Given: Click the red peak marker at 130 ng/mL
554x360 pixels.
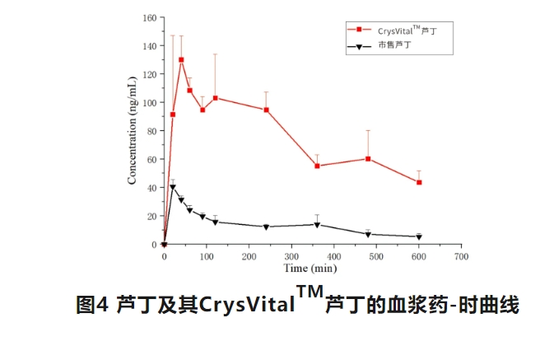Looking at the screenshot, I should pos(181,59).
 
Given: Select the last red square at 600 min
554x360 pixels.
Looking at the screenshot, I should pos(419,182).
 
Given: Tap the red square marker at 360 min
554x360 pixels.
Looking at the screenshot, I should pos(317,166).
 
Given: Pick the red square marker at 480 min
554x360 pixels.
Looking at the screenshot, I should pos(368,158).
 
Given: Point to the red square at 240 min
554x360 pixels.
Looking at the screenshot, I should pos(266,110).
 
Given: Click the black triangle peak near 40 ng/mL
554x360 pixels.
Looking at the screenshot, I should pos(173,187).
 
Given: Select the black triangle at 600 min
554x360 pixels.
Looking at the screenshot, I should pos(419,237).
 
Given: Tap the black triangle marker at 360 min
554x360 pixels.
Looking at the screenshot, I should pos(317,225).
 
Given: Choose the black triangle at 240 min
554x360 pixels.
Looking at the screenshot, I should pos(266,227).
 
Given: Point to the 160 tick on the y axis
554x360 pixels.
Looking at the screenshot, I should pos(149,16).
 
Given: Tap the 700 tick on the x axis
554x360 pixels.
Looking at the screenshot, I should pos(461,257).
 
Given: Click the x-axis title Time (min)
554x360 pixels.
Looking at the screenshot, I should pos(310,269).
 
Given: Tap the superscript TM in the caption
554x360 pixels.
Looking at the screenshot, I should pos(310,294).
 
